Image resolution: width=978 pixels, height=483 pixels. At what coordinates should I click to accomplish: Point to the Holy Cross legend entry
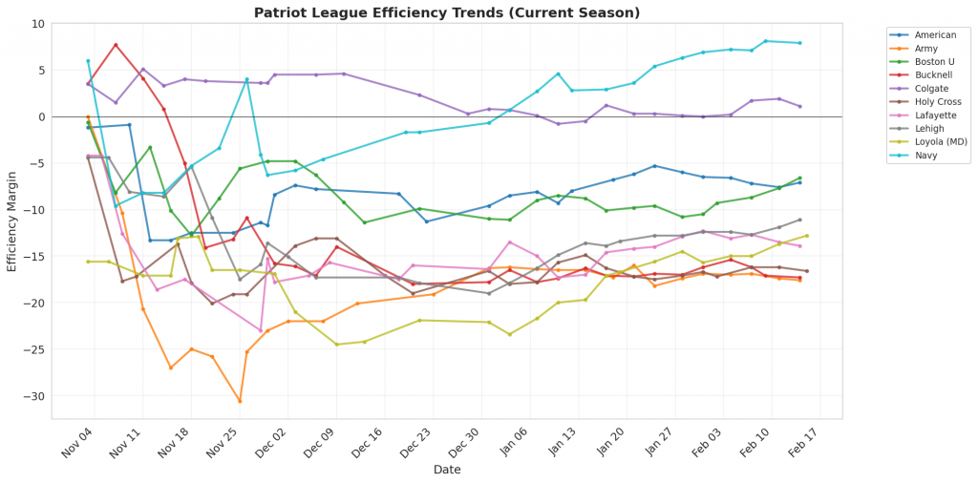(939, 101)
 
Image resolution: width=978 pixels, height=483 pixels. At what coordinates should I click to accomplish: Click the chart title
(447, 13)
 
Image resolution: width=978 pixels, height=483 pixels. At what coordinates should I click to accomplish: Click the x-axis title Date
(447, 470)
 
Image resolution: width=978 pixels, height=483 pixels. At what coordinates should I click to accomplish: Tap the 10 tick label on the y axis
(39, 24)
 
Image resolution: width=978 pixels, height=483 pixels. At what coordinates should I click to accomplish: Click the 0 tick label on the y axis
(42, 116)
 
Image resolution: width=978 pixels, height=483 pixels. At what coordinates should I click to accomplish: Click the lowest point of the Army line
(240, 401)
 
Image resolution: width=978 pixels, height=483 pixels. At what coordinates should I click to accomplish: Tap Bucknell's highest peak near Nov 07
(116, 45)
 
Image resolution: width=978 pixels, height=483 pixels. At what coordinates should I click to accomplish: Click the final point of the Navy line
(800, 43)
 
